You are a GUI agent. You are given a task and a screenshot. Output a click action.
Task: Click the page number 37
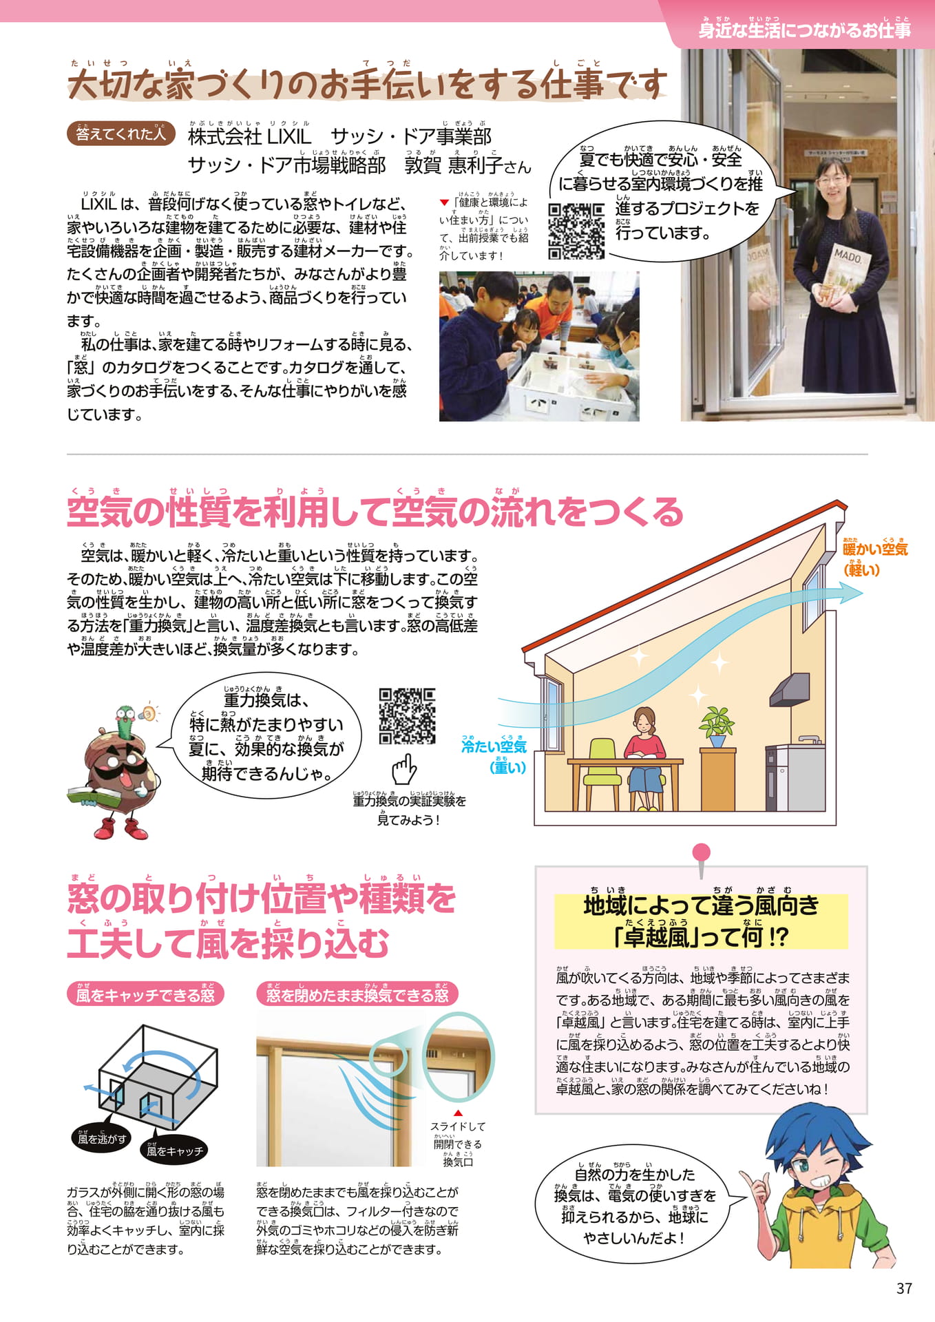coord(904,1288)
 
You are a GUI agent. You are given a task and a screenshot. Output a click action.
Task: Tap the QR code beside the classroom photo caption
coord(576,231)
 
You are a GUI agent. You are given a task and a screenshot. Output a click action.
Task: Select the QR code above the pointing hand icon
coord(407,716)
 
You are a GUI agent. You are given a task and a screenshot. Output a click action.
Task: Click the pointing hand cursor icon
coord(405,769)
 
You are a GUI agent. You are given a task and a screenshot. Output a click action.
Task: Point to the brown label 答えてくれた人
coord(120,134)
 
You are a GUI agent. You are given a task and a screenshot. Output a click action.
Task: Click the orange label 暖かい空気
coord(875,549)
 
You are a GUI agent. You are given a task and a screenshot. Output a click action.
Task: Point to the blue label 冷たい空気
coord(494,746)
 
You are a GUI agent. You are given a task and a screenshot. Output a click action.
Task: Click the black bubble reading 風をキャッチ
coord(175,1151)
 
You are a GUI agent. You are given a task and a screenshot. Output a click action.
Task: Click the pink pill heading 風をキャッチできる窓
coord(145,994)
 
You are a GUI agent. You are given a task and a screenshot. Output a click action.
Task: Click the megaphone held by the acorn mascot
coord(147,713)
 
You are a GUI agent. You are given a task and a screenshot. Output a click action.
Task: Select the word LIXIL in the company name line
coord(288,136)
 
